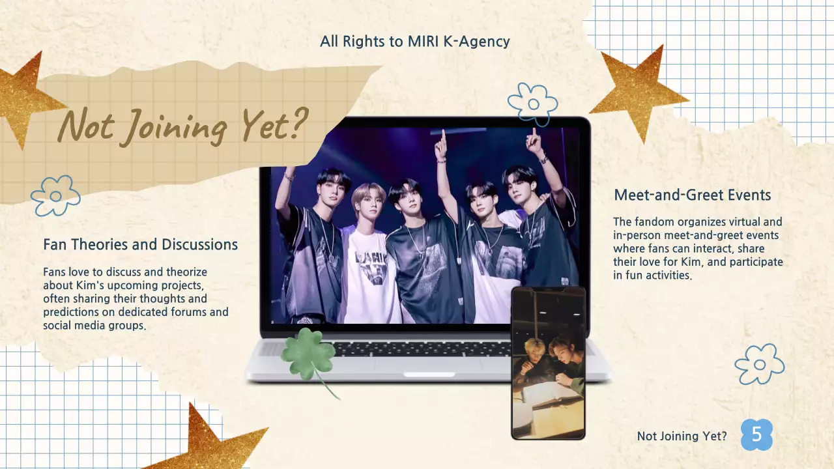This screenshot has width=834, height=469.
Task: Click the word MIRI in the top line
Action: coord(405,42)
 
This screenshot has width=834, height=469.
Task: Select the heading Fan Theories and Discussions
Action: coord(140,245)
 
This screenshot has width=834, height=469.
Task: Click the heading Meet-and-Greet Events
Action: coord(693,195)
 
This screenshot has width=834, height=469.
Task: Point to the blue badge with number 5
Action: coord(756,435)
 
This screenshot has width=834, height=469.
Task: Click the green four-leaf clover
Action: coord(309,355)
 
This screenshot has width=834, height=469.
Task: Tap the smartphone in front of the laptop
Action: coord(548,363)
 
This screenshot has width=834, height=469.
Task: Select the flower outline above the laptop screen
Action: coord(533,104)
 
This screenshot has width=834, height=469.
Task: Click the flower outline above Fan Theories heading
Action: coord(55,195)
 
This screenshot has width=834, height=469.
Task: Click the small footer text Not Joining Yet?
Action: coord(682,436)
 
